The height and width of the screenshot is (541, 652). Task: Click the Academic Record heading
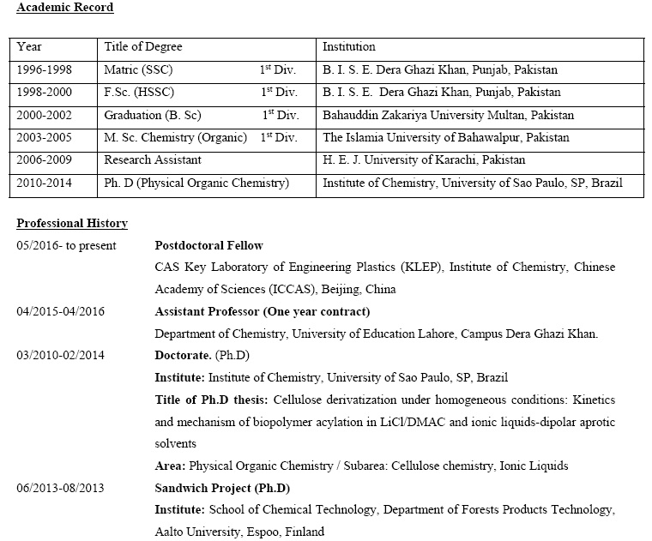(x=65, y=8)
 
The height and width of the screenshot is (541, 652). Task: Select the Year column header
(x=29, y=47)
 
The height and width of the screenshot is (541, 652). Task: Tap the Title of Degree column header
(x=143, y=47)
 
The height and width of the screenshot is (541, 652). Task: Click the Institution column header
(x=349, y=47)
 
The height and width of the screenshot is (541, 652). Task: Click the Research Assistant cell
(x=153, y=159)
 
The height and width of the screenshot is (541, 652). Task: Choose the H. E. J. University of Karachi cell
(x=423, y=159)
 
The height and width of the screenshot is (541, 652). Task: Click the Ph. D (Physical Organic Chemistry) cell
(x=196, y=183)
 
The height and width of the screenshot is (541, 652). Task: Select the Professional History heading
(x=72, y=224)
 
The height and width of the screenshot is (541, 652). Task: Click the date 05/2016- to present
(x=67, y=246)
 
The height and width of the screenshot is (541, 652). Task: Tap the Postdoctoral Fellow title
(x=208, y=246)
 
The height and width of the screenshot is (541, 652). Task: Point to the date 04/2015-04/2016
(x=60, y=311)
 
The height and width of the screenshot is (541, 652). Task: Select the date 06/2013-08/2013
(x=60, y=489)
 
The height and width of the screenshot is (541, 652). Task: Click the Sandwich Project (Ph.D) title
(x=222, y=489)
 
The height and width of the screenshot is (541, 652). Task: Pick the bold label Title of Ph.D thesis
(x=212, y=400)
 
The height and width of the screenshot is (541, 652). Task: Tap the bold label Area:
(x=170, y=466)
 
